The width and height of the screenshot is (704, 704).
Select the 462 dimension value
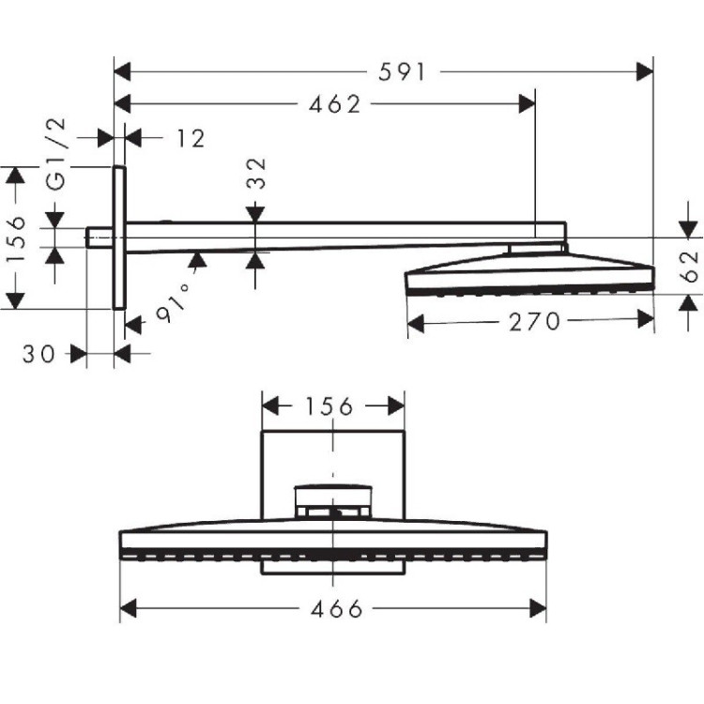tap(335, 105)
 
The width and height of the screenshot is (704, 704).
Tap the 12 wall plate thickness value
tap(189, 139)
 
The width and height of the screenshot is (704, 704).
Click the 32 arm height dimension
tap(256, 175)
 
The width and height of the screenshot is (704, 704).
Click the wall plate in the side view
tap(119, 237)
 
